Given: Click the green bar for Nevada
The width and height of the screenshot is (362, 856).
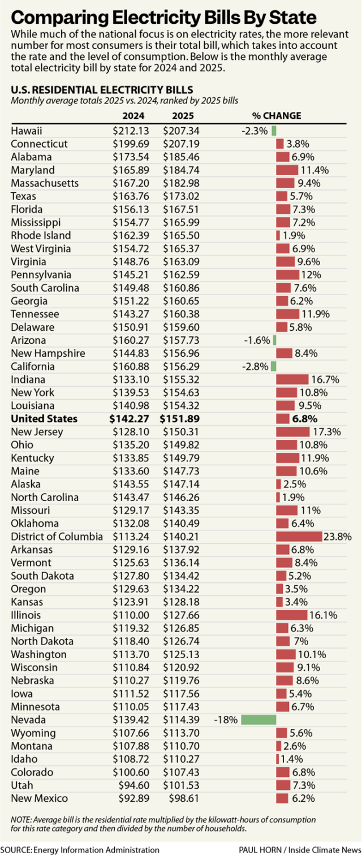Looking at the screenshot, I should [x=258, y=720].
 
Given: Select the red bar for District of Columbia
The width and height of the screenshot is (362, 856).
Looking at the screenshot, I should [x=299, y=537].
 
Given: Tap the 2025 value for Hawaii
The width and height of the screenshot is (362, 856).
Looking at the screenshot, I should [x=178, y=131].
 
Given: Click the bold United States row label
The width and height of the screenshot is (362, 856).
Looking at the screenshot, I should [x=44, y=419].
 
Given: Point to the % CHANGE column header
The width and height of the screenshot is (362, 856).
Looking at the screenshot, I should [x=277, y=116].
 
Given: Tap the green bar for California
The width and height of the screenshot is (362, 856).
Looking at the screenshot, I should [x=273, y=366].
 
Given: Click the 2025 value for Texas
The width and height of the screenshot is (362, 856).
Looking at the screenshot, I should [x=178, y=196].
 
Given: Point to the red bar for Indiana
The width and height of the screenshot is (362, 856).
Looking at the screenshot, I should [x=292, y=379].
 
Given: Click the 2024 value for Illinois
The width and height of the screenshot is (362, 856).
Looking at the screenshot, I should [x=128, y=615].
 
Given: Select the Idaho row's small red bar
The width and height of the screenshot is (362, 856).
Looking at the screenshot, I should [x=277, y=759].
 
